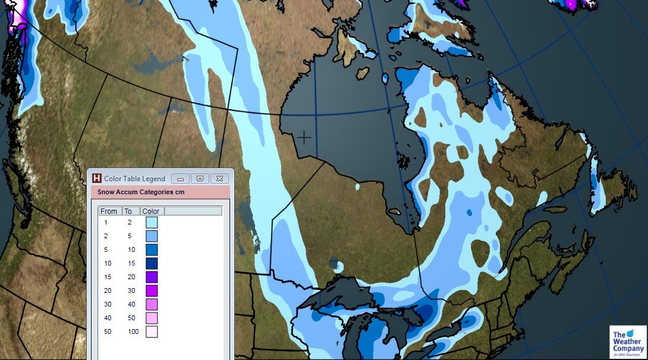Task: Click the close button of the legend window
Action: pyautogui.click(x=219, y=178)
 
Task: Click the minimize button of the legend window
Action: pyautogui.click(x=180, y=178)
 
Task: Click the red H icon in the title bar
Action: pyautogui.click(x=97, y=178)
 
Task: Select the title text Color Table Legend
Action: pyautogui.click(x=134, y=178)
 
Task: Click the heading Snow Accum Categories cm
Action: pyautogui.click(x=141, y=192)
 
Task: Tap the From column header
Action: pyautogui.click(x=109, y=211)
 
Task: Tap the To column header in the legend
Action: pyautogui.click(x=128, y=211)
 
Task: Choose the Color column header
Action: pyautogui.click(x=151, y=211)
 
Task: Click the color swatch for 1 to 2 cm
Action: pyautogui.click(x=152, y=222)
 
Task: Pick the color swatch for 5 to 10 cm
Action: pyautogui.click(x=152, y=250)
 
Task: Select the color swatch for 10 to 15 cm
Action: pyautogui.click(x=152, y=263)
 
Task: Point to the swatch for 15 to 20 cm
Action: pyautogui.click(x=152, y=277)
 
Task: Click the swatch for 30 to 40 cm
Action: pyautogui.click(x=152, y=304)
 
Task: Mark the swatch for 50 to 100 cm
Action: pyautogui.click(x=152, y=331)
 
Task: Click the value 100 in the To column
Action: pyautogui.click(x=133, y=331)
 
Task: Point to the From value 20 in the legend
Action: pyautogui.click(x=107, y=290)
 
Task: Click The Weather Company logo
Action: pyautogui.click(x=628, y=342)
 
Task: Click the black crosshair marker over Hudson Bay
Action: pyautogui.click(x=304, y=138)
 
